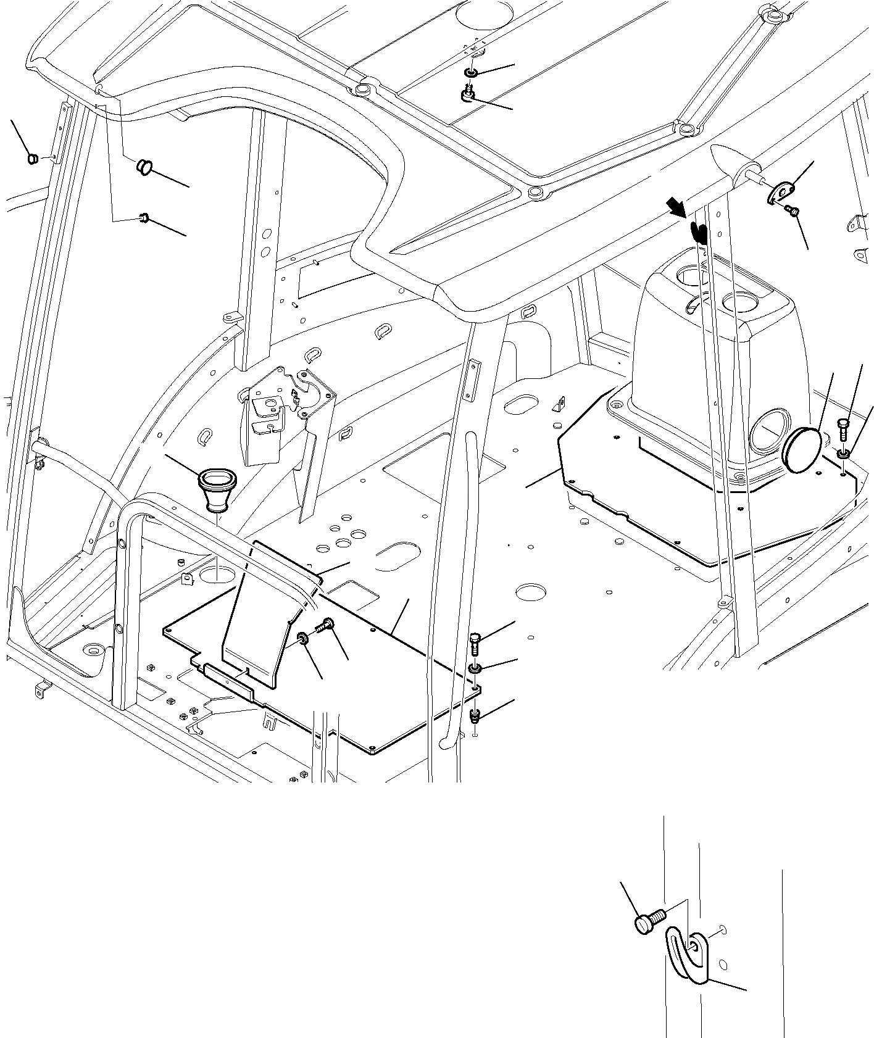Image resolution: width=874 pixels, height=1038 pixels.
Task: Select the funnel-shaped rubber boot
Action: [x=217, y=490]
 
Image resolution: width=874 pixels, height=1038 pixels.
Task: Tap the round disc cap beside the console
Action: [x=801, y=450]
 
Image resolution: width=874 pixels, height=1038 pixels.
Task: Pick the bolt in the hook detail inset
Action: [x=647, y=921]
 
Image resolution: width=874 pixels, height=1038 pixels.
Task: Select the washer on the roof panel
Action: [x=471, y=74]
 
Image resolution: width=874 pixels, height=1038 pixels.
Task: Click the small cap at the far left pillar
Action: [x=34, y=159]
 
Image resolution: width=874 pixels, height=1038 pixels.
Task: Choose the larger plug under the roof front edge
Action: [x=144, y=166]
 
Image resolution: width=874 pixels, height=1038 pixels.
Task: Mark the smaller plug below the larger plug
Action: [x=145, y=217]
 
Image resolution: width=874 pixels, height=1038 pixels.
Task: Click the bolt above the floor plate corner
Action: [x=475, y=642]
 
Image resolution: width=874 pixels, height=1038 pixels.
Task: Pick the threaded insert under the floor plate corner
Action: [x=475, y=716]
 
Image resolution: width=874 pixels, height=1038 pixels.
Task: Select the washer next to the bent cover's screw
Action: [x=304, y=639]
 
